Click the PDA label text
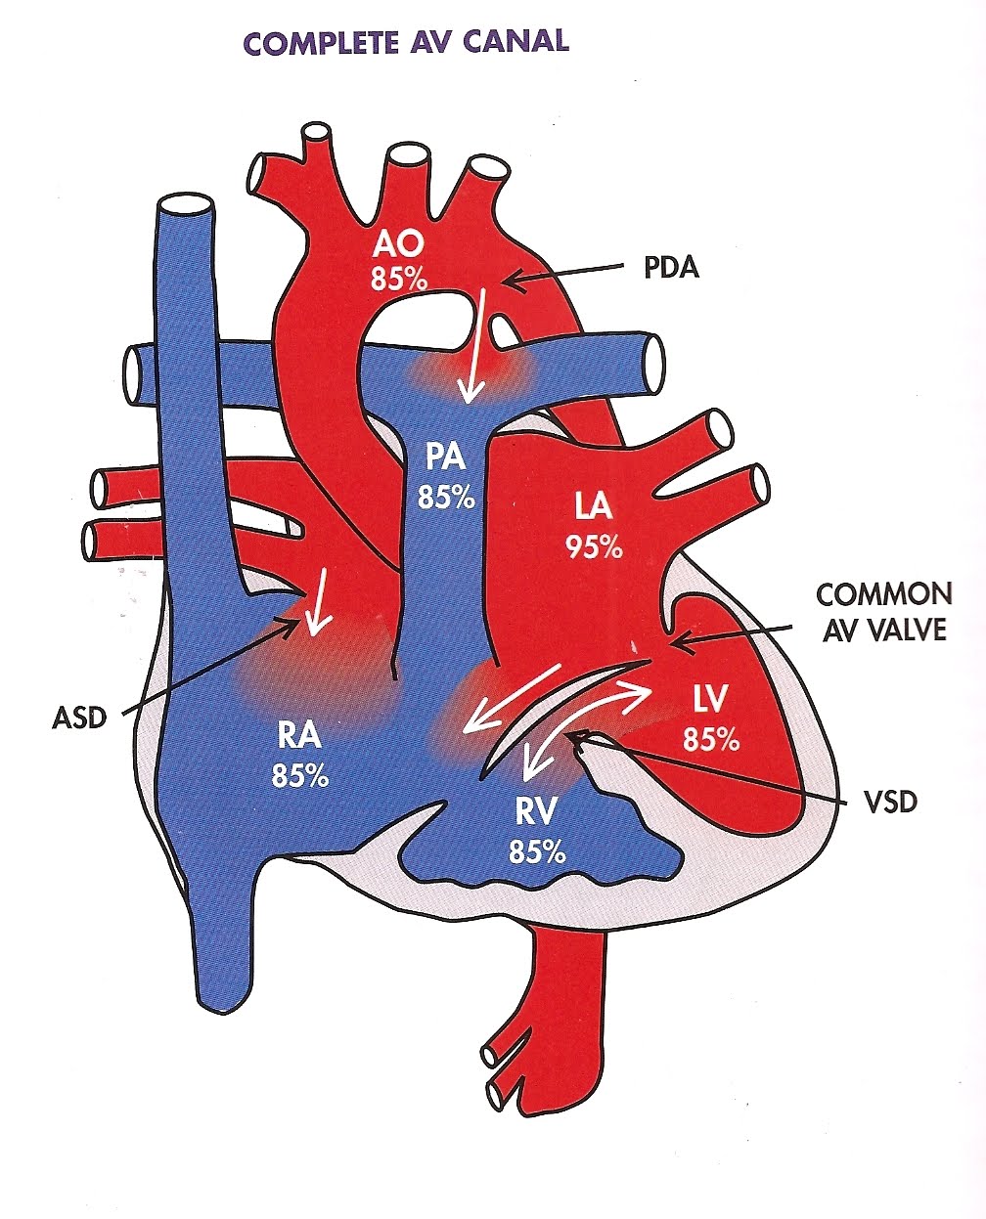click(672, 267)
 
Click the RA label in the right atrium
click(301, 735)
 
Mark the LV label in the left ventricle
click(710, 700)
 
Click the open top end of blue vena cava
click(185, 207)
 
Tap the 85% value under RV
click(536, 851)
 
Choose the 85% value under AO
click(398, 280)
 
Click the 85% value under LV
click(710, 741)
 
